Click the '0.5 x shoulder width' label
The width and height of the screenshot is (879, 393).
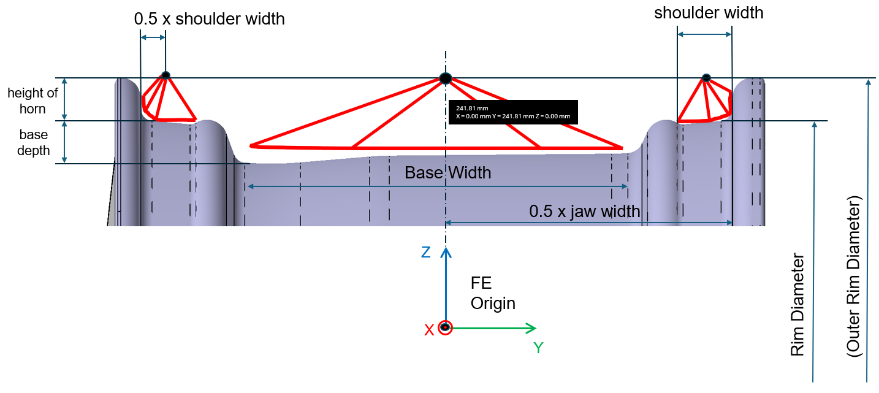click(209, 19)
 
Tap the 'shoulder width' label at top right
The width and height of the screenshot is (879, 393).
click(709, 13)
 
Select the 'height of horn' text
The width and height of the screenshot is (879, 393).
click(32, 101)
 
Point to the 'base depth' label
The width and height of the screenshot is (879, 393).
click(33, 142)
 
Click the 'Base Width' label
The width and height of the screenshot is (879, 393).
click(447, 173)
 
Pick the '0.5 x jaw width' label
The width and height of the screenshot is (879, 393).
click(585, 212)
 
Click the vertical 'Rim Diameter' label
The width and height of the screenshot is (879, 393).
click(797, 305)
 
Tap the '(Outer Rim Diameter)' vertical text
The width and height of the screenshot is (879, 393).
click(854, 277)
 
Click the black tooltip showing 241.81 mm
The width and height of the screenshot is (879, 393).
click(513, 112)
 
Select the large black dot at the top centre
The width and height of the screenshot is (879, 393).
click(446, 78)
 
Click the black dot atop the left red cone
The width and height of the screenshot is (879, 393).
click(166, 75)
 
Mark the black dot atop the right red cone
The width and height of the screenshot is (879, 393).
click(706, 78)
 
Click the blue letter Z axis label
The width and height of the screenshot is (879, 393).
click(426, 252)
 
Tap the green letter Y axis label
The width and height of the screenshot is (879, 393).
click(538, 348)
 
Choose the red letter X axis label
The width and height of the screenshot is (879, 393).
click(429, 330)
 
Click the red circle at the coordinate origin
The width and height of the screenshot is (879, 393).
click(446, 327)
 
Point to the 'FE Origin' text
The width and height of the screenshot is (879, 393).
click(493, 293)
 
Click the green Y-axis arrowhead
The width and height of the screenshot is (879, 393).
click(531, 328)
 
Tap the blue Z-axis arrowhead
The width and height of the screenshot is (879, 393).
click(446, 252)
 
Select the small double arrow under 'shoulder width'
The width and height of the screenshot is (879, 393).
click(704, 34)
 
